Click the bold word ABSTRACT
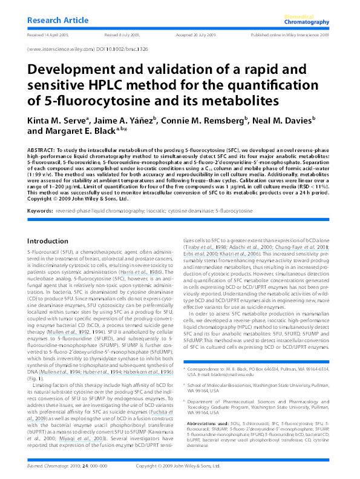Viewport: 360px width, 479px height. point(42,148)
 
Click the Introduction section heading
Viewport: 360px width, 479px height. point(48,241)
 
